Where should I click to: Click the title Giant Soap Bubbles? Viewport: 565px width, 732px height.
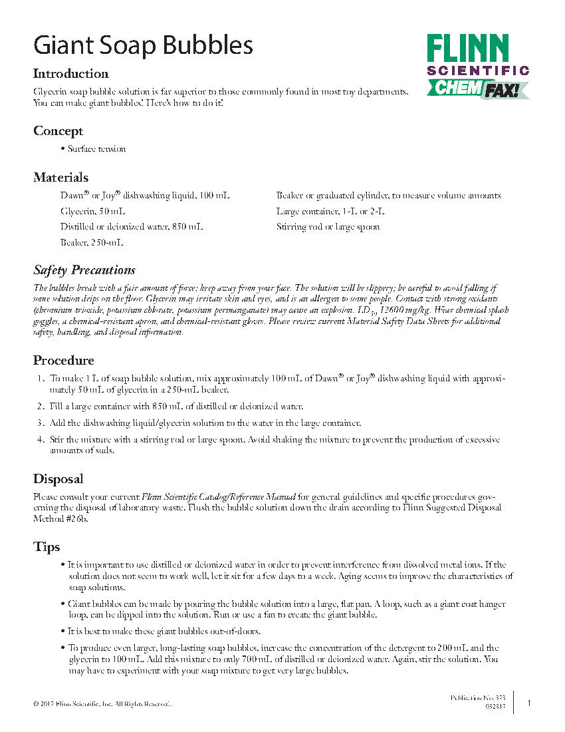[x=143, y=45]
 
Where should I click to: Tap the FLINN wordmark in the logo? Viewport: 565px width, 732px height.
[x=468, y=49]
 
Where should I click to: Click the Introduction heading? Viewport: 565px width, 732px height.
[x=70, y=74]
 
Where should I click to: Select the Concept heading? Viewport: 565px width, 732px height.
[x=58, y=131]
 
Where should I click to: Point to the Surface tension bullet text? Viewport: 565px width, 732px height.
[x=96, y=149]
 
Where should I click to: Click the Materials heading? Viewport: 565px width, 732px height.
[x=60, y=178]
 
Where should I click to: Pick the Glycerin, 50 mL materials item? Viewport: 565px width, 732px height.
[x=92, y=212]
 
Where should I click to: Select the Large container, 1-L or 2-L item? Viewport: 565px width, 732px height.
[x=330, y=212]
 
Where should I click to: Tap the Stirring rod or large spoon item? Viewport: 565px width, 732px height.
[x=328, y=227]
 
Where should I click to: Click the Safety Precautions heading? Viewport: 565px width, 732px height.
[x=84, y=270]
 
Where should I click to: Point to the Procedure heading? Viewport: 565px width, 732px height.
[x=63, y=361]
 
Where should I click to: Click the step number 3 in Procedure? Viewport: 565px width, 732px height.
[x=41, y=423]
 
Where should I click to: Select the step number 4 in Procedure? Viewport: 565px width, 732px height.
[x=41, y=440]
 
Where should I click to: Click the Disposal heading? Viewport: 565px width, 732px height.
[x=58, y=479]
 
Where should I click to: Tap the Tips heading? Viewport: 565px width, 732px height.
[x=47, y=547]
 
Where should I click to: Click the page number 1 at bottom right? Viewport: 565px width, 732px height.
[x=529, y=703]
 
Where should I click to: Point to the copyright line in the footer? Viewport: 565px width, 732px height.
[x=102, y=704]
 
